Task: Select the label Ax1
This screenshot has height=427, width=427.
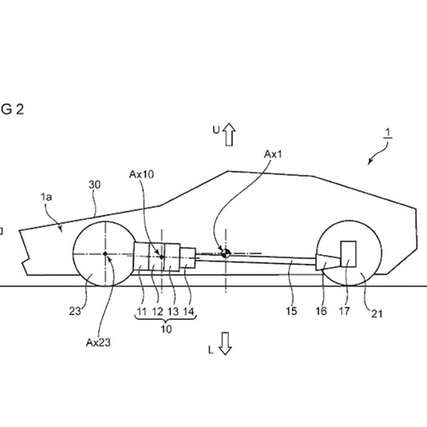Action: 274,154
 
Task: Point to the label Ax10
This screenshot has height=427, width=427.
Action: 141,174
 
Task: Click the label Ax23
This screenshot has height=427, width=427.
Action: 97,342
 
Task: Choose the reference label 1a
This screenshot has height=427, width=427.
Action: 47,197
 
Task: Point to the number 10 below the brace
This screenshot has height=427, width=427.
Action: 165,328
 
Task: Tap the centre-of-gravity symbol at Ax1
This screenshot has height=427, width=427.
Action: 226,252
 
